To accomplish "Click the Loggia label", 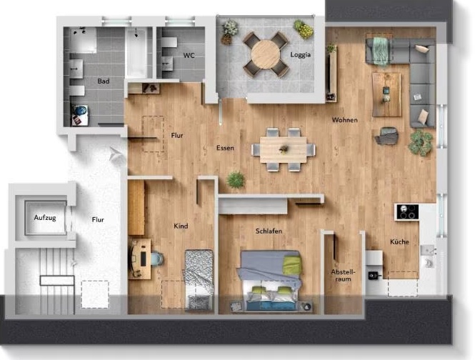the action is tap(300, 54).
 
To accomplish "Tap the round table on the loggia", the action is tap(266, 54).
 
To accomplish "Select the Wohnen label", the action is tap(345, 120).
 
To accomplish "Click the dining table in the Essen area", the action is tap(284, 149).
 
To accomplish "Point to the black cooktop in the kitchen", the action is tap(407, 211).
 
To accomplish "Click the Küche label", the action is tap(399, 242).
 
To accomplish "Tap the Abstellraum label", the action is tap(343, 276).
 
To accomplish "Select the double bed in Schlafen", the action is tap(269, 280).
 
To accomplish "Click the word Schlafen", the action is tap(269, 231).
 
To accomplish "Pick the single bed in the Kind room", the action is tap(199, 279).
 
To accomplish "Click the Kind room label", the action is tap(181, 226).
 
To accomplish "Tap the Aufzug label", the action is tap(45, 218).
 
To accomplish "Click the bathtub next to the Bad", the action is tap(136, 52).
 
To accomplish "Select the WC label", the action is tap(189, 56).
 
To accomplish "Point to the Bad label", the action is tap(104, 81).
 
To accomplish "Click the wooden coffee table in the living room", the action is tap(386, 94).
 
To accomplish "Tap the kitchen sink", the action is tap(428, 250).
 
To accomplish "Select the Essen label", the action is tap(225, 148).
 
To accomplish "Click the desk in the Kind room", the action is tap(140, 259).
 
